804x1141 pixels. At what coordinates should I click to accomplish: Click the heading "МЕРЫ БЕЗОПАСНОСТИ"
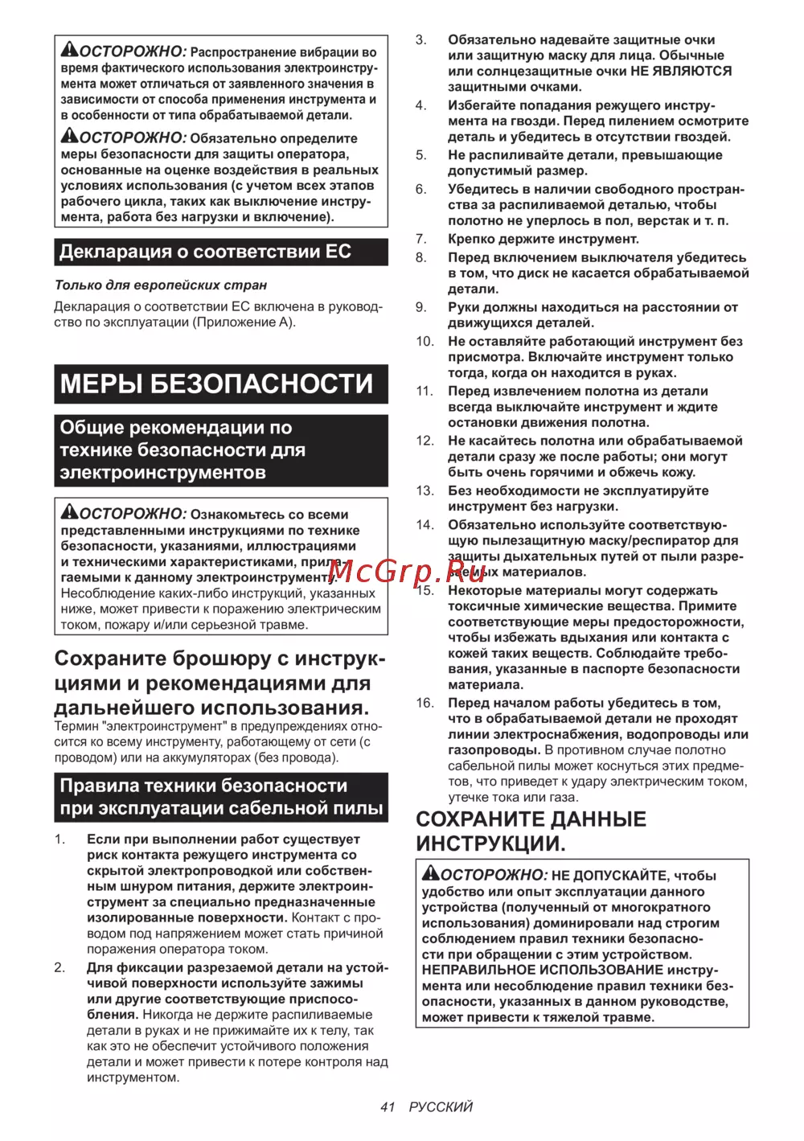tap(217, 384)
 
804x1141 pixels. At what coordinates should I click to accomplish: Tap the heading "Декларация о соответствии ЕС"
tap(205, 252)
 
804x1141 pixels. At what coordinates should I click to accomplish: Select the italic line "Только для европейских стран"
tap(161, 285)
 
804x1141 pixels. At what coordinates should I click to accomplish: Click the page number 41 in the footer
tap(388, 1107)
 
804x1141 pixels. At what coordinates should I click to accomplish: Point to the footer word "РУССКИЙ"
tap(441, 1107)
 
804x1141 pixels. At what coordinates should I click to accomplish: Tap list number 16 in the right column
tap(425, 703)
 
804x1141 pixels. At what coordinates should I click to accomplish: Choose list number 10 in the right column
tap(425, 342)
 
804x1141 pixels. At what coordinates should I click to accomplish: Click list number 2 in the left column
tap(60, 967)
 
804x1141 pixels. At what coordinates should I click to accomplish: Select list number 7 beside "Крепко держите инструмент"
tap(421, 239)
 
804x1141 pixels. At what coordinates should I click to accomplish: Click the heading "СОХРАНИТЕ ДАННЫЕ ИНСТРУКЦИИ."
tap(531, 831)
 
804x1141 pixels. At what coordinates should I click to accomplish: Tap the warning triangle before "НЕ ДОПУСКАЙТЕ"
tap(431, 873)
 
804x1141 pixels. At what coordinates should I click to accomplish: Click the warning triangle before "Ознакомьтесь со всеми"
tap(70, 511)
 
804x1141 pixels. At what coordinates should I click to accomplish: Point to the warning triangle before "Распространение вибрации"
tap(70, 50)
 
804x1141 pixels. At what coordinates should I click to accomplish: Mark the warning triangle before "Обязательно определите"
tap(70, 136)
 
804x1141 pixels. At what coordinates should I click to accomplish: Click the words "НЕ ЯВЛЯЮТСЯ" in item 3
tap(681, 71)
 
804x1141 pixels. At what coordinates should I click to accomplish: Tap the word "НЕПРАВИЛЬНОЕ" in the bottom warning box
tap(473, 971)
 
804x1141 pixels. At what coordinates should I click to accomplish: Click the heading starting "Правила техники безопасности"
tap(221, 797)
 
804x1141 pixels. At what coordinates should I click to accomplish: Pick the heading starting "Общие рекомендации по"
tap(183, 450)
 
